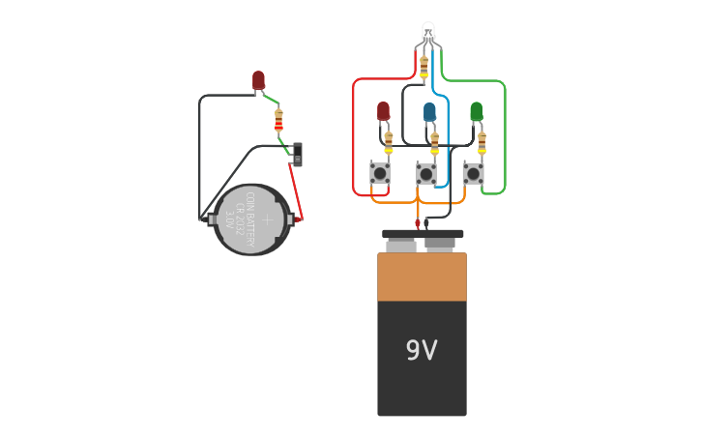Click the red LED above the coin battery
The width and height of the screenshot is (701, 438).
tap(258, 80)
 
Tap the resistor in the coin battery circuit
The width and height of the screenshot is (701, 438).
tap(279, 121)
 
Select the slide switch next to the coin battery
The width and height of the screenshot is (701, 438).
tap(298, 154)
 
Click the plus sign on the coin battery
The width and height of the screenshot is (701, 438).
tap(268, 219)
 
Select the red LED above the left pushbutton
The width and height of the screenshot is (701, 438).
tap(383, 111)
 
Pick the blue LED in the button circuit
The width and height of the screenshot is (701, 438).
tap(429, 111)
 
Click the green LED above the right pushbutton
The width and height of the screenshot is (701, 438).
tap(476, 111)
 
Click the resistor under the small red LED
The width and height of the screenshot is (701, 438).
tap(389, 143)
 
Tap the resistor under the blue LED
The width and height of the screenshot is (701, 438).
tap(435, 143)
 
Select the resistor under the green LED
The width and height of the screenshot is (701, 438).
tap(482, 143)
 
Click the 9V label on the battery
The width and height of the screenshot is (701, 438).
tap(422, 350)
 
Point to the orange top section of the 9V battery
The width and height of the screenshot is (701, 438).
tap(422, 277)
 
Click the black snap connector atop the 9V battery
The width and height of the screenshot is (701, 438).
tap(423, 234)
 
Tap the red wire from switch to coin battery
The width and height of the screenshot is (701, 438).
tap(299, 193)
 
